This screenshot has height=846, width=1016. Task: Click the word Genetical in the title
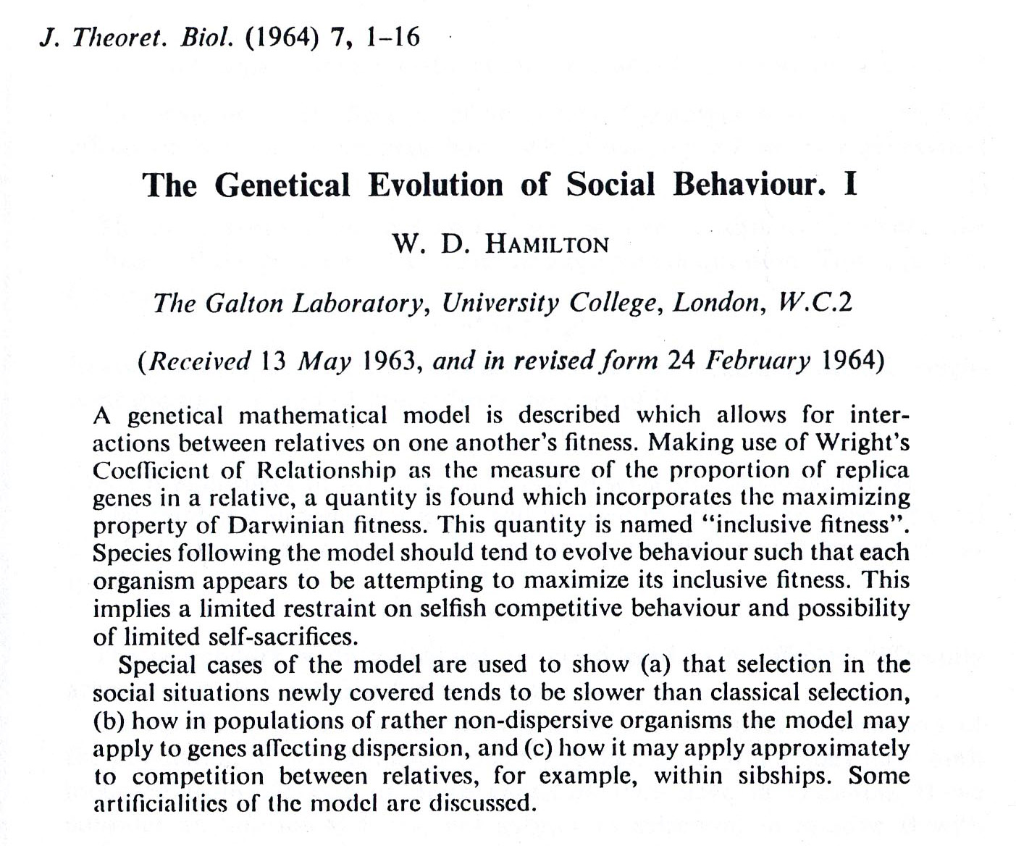(282, 185)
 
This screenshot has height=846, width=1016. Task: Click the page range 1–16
(393, 37)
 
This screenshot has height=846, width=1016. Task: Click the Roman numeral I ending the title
(850, 185)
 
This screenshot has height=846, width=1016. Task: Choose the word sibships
(788, 776)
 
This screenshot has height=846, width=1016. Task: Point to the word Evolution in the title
(435, 185)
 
